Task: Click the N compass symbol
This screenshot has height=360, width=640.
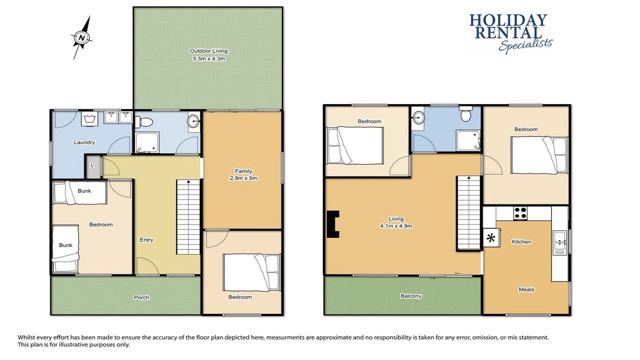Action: tap(82, 37)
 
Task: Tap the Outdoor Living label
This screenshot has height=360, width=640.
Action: tap(208, 51)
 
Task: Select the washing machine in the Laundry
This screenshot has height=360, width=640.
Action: tap(89, 118)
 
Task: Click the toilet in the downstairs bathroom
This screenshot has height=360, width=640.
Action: tap(143, 122)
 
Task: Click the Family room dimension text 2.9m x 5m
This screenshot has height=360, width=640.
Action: tap(243, 178)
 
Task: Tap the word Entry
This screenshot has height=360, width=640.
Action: tap(146, 240)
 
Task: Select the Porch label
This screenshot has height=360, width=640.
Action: tap(141, 297)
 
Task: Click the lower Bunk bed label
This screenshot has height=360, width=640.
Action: tap(65, 245)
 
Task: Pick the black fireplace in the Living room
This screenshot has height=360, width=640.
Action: tap(333, 224)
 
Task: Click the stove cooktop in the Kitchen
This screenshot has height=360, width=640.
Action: tap(520, 213)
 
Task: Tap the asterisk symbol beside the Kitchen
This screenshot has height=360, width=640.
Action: tap(491, 237)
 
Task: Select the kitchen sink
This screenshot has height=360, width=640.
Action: tap(559, 242)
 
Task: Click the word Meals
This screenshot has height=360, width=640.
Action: tap(526, 289)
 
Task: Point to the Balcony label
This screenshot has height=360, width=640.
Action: tap(411, 296)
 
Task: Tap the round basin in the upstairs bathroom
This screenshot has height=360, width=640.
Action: tap(418, 117)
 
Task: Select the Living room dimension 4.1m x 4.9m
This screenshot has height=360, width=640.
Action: tap(396, 226)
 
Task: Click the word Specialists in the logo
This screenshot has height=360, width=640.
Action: tap(525, 45)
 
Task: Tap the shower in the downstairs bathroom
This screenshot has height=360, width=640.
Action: tap(147, 142)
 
